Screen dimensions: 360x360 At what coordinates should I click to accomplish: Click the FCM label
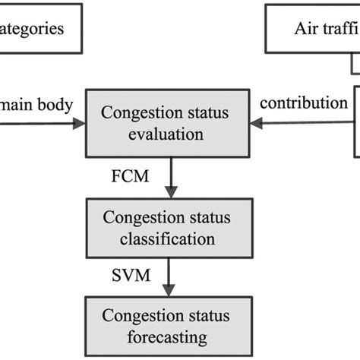tap(129, 175)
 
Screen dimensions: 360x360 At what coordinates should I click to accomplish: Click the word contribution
tap(305, 103)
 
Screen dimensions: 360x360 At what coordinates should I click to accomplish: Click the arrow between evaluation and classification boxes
tap(175, 175)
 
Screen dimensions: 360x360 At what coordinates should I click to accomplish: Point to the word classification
tap(168, 238)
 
